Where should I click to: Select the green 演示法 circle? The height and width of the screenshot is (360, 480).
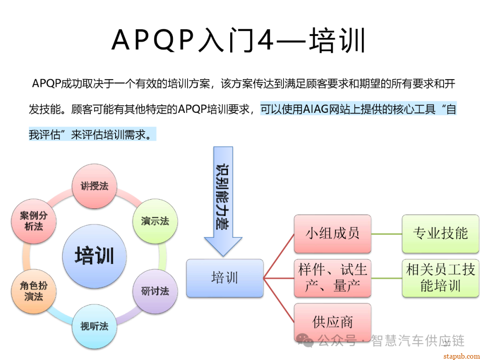pyautogui.click(x=155, y=221)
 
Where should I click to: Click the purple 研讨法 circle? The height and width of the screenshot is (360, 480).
pyautogui.click(x=155, y=292)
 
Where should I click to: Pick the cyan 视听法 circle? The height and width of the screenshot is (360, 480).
pyautogui.click(x=94, y=327)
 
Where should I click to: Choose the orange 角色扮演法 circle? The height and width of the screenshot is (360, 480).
pyautogui.click(x=33, y=291)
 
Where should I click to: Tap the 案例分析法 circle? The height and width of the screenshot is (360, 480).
pyautogui.click(x=33, y=221)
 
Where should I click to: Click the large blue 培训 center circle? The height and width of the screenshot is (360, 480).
pyautogui.click(x=94, y=256)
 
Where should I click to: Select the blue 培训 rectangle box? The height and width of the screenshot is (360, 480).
pyautogui.click(x=225, y=278)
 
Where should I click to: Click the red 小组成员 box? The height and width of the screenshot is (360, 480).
pyautogui.click(x=332, y=234)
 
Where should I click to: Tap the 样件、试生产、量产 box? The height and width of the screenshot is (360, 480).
pyautogui.click(x=332, y=278)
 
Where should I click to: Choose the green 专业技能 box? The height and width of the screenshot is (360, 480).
pyautogui.click(x=440, y=234)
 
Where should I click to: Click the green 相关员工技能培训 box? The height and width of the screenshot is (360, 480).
pyautogui.click(x=440, y=278)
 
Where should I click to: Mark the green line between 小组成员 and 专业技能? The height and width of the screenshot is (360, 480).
pyautogui.click(x=387, y=234)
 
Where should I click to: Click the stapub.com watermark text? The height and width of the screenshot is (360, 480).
pyautogui.click(x=460, y=356)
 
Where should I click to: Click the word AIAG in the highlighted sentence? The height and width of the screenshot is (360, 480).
pyautogui.click(x=315, y=109)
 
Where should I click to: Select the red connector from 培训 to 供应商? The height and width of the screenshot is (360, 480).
pyautogui.click(x=279, y=300)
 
